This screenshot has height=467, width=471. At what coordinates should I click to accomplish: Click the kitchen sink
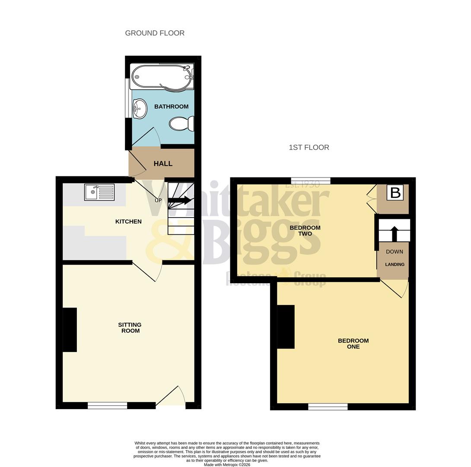[x=99, y=192]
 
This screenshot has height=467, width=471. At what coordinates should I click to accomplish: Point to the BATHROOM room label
[x=171, y=106]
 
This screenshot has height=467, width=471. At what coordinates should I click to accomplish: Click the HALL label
[x=163, y=163]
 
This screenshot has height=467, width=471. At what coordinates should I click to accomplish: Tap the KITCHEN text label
[x=128, y=221]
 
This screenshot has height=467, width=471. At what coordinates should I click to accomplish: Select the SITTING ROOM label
[x=130, y=328]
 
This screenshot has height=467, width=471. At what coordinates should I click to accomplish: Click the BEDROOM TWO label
[x=305, y=230]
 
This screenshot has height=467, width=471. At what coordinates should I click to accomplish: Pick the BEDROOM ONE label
[x=353, y=343]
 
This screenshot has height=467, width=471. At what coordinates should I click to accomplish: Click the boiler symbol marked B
[x=395, y=192]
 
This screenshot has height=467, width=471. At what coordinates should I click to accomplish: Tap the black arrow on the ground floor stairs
[x=180, y=200]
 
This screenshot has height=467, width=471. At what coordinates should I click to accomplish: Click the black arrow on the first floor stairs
[x=394, y=233]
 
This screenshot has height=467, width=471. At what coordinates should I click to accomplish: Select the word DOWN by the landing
[x=394, y=252]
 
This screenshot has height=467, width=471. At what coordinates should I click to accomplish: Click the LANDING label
[x=395, y=264]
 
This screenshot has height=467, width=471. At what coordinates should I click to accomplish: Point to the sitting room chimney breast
[x=70, y=329]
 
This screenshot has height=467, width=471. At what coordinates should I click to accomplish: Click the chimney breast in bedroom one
[x=286, y=326]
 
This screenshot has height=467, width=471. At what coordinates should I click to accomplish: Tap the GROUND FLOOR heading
[x=155, y=33]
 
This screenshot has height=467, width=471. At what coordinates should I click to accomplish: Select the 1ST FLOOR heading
[x=309, y=147]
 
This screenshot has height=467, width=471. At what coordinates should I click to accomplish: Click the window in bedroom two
[x=311, y=181]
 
